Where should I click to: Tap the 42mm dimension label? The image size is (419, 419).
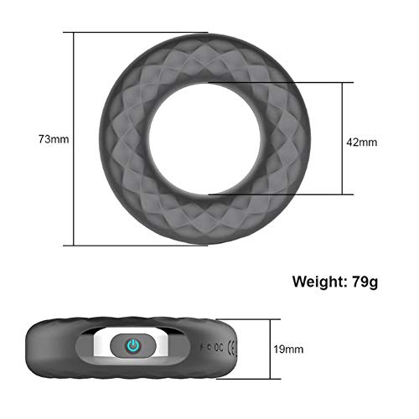tap(362, 142)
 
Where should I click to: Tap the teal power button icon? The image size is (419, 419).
tap(132, 345)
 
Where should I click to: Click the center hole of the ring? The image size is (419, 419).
tap(208, 137)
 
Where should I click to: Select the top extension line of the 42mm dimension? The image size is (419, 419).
tap(277, 82)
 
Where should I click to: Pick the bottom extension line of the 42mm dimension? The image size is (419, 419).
tap(277, 194)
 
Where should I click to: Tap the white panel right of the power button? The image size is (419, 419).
tap(164, 345)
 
